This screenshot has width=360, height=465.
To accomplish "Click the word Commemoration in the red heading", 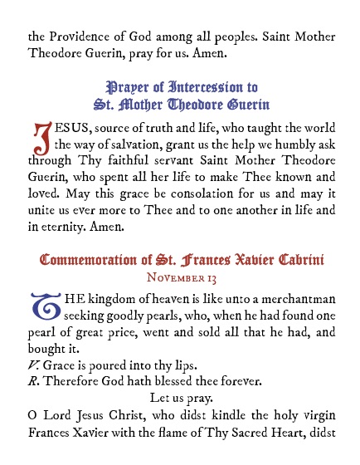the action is tap(87, 261).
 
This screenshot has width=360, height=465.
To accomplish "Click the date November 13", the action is tap(180, 277).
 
